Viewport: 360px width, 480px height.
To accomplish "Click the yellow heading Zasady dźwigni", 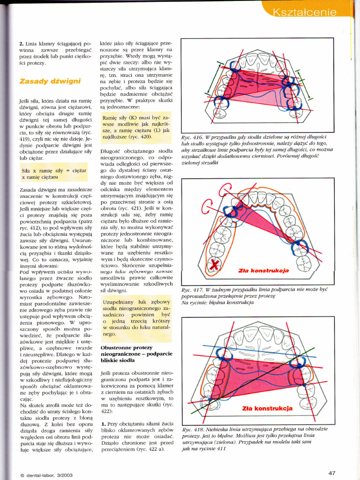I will click(50, 81).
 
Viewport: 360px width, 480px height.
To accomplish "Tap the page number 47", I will click(332, 472).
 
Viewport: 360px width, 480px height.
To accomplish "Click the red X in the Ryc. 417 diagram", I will click(214, 265).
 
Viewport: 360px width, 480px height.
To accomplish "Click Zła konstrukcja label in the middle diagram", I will click(264, 270).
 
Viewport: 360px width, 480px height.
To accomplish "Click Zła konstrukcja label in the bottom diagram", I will click(267, 408).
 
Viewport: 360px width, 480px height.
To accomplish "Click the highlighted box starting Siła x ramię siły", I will click(53, 174).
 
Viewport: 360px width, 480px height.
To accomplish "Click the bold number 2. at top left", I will click(22, 43).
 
